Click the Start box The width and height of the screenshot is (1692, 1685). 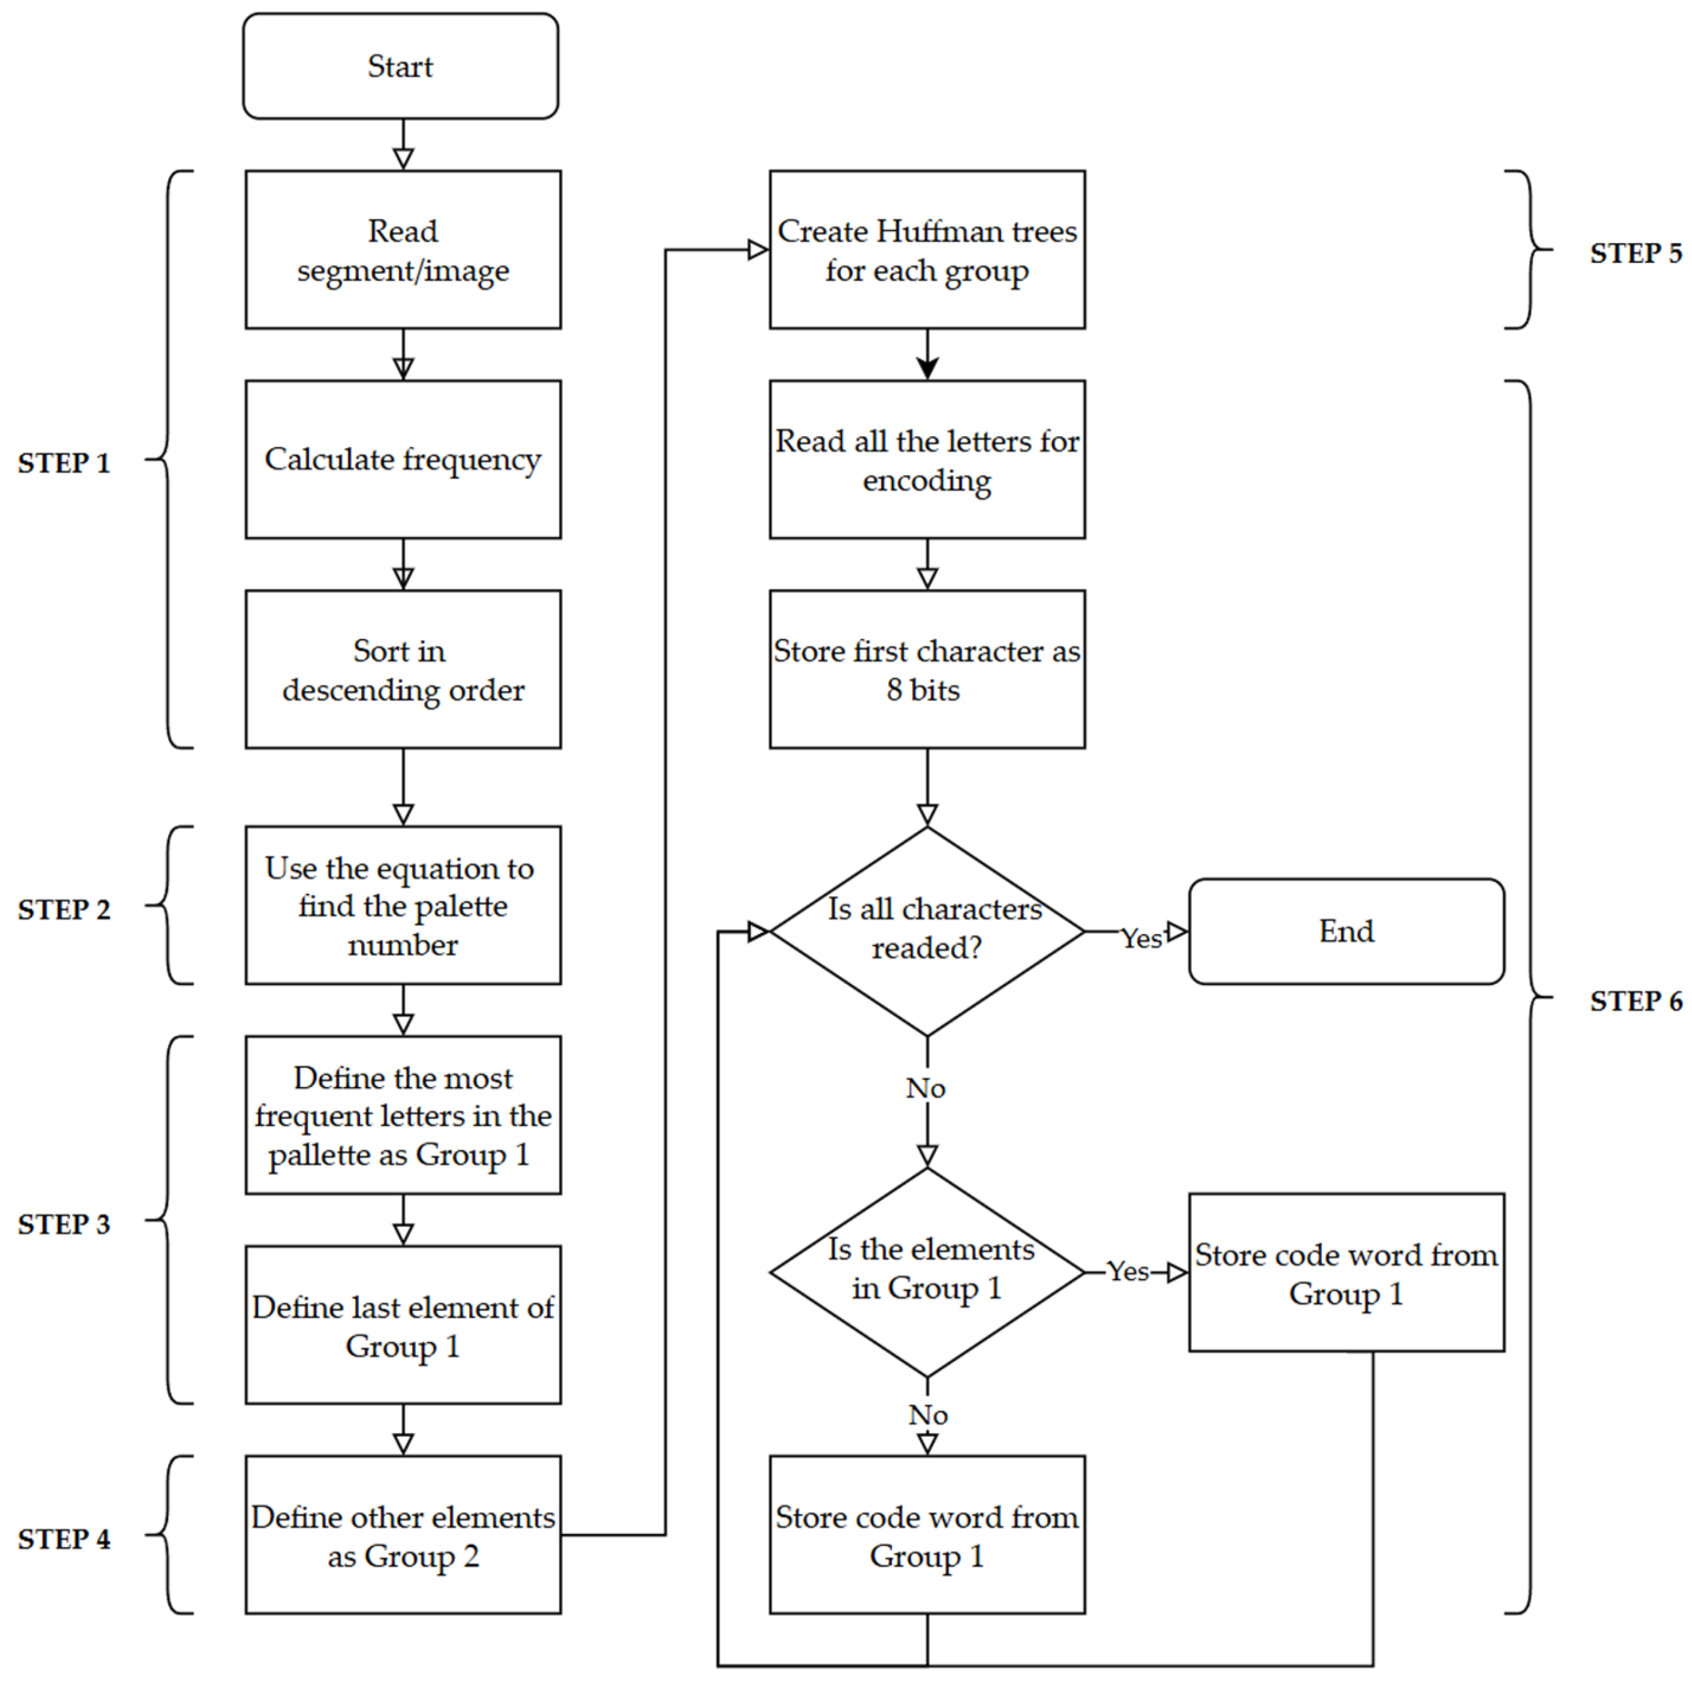coord(400,65)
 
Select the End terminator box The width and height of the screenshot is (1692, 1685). coord(1345,931)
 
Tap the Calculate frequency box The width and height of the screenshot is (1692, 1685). coord(403,459)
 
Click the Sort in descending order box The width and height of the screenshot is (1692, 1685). coord(403,669)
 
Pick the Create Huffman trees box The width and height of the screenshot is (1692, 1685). coord(927,250)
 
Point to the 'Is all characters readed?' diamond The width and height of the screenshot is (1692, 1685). coord(927,931)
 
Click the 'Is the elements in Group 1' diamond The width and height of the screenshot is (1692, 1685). coord(927,1271)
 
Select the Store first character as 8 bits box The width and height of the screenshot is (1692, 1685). coord(927,669)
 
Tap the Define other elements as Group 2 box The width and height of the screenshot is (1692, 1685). coord(403,1535)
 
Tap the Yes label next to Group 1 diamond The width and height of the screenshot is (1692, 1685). coord(1127,1271)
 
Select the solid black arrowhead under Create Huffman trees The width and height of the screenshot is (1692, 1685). coord(927,368)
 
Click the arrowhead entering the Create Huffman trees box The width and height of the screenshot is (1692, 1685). coord(757,250)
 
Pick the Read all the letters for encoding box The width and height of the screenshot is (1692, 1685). coord(927,459)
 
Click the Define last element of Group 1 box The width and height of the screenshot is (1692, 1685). coord(403,1324)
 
